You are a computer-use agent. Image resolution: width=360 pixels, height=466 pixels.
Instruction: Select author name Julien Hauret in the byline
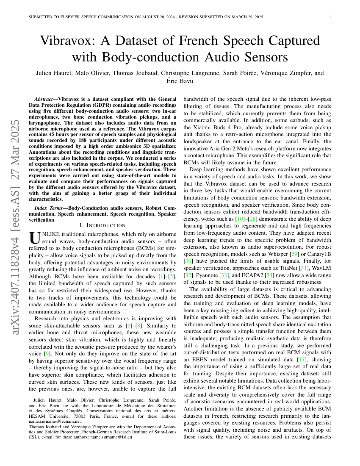click(55, 73)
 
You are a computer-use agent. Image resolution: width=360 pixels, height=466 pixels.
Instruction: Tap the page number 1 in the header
click(330, 17)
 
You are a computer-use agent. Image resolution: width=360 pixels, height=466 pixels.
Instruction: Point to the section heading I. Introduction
click(102, 225)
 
